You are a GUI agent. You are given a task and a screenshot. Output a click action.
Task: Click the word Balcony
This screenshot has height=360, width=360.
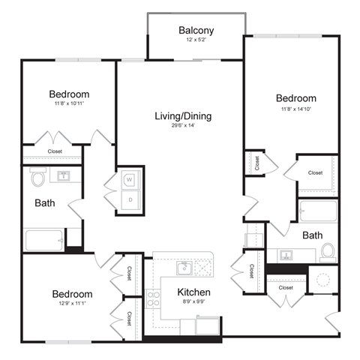click(196, 31)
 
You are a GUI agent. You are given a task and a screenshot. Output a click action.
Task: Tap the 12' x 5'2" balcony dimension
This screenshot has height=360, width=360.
click(196, 42)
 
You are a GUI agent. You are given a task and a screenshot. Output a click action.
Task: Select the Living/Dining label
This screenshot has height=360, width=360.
click(183, 116)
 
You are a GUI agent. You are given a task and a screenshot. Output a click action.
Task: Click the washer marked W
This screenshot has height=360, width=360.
click(129, 180)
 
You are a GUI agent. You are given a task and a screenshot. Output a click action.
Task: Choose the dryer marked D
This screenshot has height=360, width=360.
click(129, 199)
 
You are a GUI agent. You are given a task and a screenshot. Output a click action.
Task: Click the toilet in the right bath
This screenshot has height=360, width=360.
click(327, 252)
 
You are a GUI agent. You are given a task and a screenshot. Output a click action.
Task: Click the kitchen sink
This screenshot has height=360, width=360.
click(182, 267)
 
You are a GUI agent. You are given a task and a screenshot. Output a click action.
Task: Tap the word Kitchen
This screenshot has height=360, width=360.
click(193, 292)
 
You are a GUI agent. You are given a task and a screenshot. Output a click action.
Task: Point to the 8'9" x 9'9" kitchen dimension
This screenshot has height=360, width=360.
click(193, 303)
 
